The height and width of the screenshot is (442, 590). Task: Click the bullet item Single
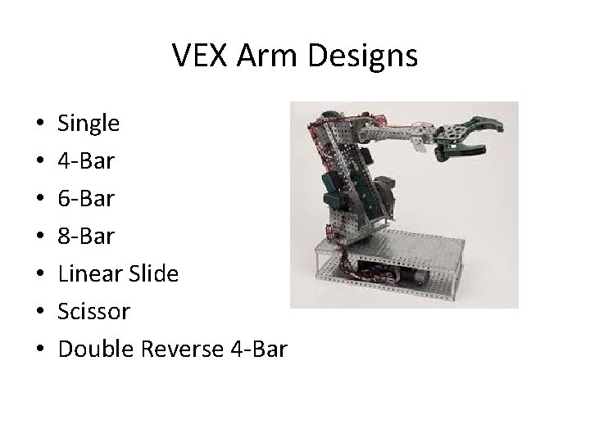click(88, 124)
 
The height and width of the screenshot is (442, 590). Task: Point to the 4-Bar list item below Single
click(86, 162)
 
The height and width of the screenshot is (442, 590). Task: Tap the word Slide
click(154, 274)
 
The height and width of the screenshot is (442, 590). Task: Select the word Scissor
click(94, 312)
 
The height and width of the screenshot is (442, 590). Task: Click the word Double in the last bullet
click(98, 350)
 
